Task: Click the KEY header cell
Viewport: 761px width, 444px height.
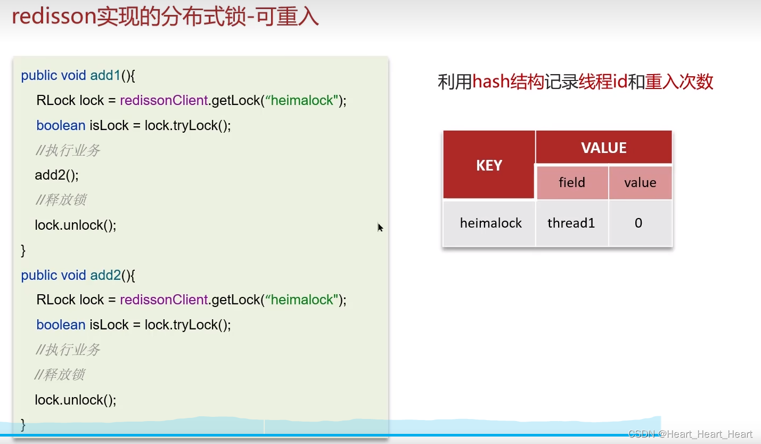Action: (489, 165)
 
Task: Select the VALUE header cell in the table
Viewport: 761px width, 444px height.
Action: (603, 148)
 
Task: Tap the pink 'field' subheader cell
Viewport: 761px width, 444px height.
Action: (571, 183)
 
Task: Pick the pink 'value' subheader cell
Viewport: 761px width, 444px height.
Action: (640, 183)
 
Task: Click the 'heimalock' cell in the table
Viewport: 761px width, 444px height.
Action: (490, 223)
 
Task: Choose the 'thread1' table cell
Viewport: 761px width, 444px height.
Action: (571, 223)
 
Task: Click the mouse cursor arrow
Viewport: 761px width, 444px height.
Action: (380, 228)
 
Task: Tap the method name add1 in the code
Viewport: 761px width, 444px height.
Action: (105, 76)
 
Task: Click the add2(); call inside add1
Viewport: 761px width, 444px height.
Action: (56, 175)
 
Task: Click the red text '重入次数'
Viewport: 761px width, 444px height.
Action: (679, 82)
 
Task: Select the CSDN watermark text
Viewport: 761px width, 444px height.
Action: (690, 434)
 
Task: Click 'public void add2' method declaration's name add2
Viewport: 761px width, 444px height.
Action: (105, 275)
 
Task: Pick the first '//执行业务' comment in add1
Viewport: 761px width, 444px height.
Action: (68, 150)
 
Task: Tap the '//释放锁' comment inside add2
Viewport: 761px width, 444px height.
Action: (60, 375)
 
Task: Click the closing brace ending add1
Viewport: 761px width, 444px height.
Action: (23, 250)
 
